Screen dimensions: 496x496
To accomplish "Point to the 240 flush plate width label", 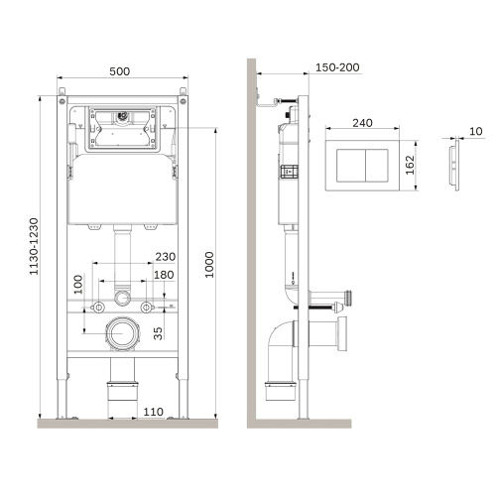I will point(362,123).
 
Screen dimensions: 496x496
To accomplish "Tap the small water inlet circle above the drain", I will point(123,297).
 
